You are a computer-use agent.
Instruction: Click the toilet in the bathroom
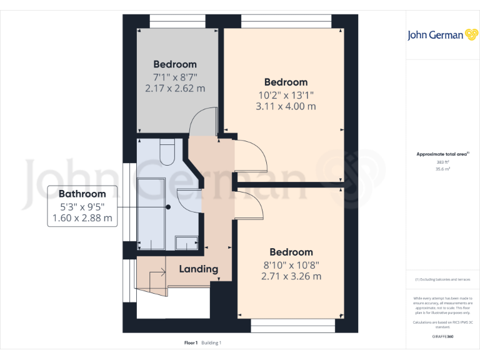coord(167,152)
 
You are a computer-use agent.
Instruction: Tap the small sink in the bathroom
coord(187,242)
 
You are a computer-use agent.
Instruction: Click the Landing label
coord(199,269)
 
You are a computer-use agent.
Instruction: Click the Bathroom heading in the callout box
coord(82,194)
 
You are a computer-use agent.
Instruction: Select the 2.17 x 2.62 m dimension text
coord(175,88)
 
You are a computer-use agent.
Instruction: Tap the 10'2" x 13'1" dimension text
coord(286,95)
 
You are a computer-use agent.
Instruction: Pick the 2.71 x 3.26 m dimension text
coord(291,276)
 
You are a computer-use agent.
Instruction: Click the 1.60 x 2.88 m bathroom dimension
coord(82,218)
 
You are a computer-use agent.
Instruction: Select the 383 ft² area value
coord(443,161)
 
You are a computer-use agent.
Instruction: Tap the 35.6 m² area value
coord(443,169)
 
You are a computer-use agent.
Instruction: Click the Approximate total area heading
coord(443,154)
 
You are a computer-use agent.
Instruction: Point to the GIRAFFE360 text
coord(443,337)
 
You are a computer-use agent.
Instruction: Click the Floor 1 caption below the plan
coord(191,342)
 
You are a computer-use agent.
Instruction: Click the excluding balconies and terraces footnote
coord(443,279)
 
